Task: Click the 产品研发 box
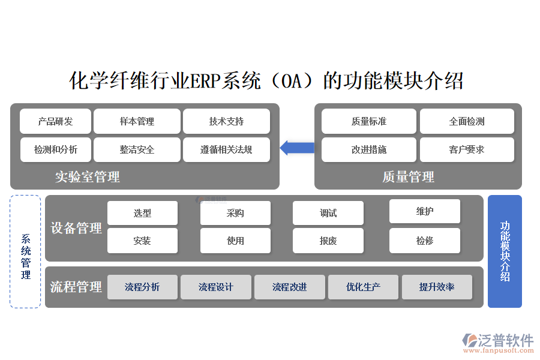pos(55,121)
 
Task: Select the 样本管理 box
pos(137,121)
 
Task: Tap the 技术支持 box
pos(226,121)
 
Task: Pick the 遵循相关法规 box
pos(226,149)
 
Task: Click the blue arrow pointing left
pos(297,148)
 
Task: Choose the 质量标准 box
pos(368,121)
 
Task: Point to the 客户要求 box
pos(467,149)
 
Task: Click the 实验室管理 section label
pos(88,177)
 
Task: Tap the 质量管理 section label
pos(408,177)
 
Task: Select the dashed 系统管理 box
pos(25,251)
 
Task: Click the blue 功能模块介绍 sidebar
pos(505,251)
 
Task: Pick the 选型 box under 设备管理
pos(142,213)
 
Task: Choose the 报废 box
pos(328,241)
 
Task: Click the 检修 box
pos(425,241)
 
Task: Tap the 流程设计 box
pos(216,287)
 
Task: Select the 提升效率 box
pos(437,287)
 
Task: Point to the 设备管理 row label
pos(76,228)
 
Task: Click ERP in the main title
pos(205,80)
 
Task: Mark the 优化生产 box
pos(363,287)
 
